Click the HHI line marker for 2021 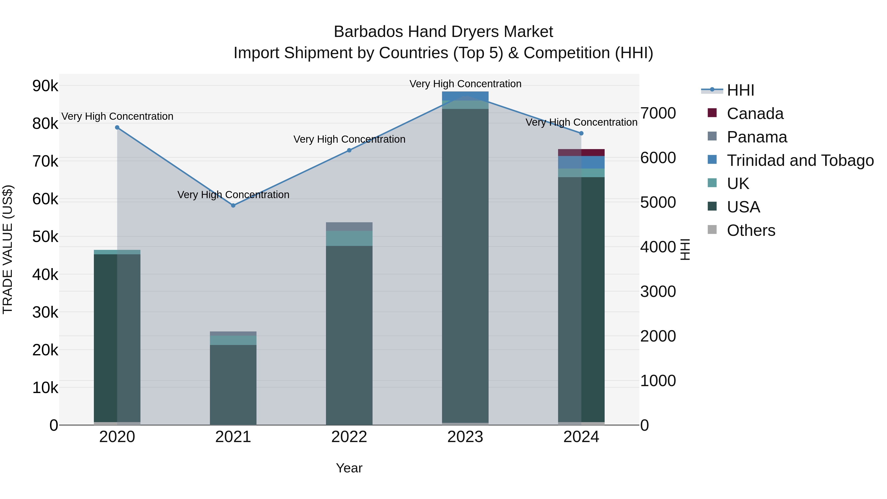pos(233,205)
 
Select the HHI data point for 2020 pos(117,127)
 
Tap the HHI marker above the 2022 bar pos(349,150)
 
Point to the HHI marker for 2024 pos(581,133)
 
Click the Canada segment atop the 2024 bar pos(581,153)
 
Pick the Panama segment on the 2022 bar pos(349,227)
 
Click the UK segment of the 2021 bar pos(233,340)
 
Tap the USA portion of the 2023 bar pos(465,265)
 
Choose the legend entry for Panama pos(756,137)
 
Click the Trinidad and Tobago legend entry pos(800,160)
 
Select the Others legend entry pos(751,230)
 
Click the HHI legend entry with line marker pos(740,90)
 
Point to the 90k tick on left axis pos(45,86)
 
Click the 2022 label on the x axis pos(349,437)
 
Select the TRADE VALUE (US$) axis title pos(8,249)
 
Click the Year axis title pos(349,468)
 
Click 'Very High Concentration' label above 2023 pos(465,84)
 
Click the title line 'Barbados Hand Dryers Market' pos(443,32)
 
